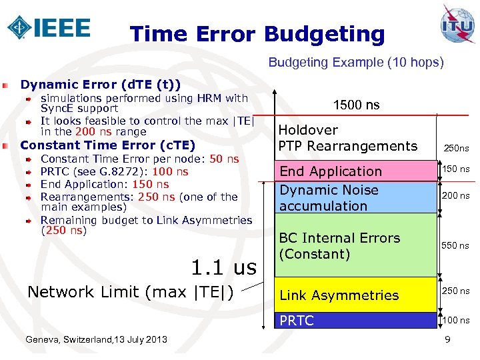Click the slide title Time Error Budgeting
[x=257, y=34]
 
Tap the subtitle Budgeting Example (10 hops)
[x=355, y=63]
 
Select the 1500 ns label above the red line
[x=356, y=105]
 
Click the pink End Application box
[x=355, y=171]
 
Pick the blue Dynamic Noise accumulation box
[x=355, y=198]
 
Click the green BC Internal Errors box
[x=355, y=245]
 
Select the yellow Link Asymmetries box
[x=355, y=295]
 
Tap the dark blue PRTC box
[x=355, y=321]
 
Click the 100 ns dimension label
[x=456, y=320]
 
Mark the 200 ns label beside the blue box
[x=456, y=196]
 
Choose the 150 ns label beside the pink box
[x=456, y=169]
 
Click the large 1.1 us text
[x=223, y=267]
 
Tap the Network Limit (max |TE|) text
[x=130, y=291]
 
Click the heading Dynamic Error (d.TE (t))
[x=101, y=85]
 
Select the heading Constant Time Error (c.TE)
[x=108, y=145]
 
